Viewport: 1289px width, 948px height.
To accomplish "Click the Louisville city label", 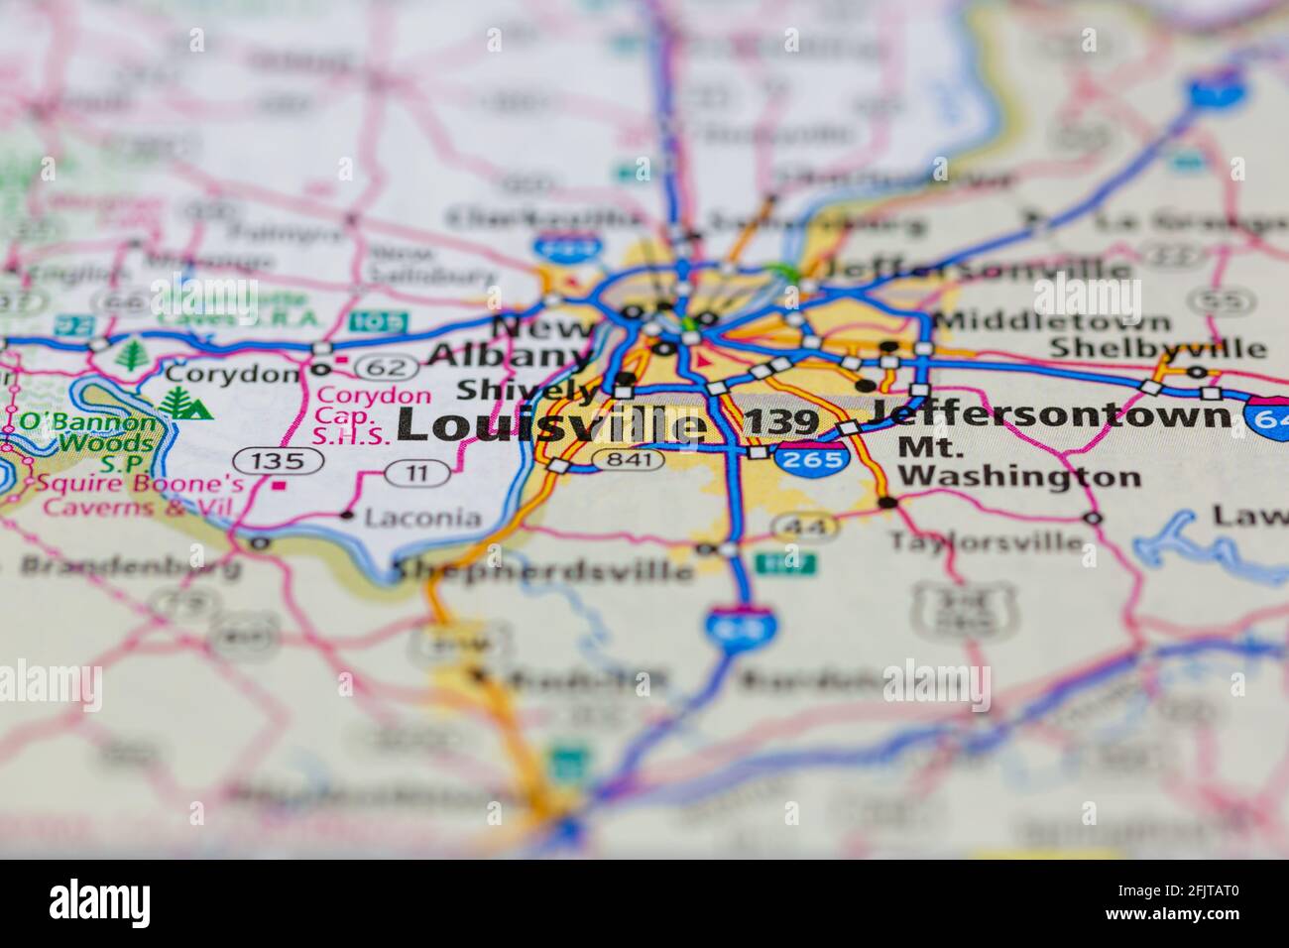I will coord(553,425).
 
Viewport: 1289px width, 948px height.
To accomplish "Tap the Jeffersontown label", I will coord(1051,414).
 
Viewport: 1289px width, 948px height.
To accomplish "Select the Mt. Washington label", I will coord(1018,462).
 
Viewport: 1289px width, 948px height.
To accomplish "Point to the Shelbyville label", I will coord(1157,348).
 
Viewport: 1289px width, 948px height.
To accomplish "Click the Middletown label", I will coord(1051,322).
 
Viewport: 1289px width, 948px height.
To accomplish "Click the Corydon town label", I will coord(231,374).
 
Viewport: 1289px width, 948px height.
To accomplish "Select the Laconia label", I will coord(422,517).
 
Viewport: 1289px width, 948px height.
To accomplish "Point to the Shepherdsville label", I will coord(544,570).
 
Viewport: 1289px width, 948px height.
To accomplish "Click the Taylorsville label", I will coord(986,541).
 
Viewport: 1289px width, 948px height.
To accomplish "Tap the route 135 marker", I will coord(279,460).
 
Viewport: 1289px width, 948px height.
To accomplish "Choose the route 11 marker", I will coord(417,474).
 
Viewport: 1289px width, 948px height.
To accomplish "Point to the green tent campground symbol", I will coord(186,403).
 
